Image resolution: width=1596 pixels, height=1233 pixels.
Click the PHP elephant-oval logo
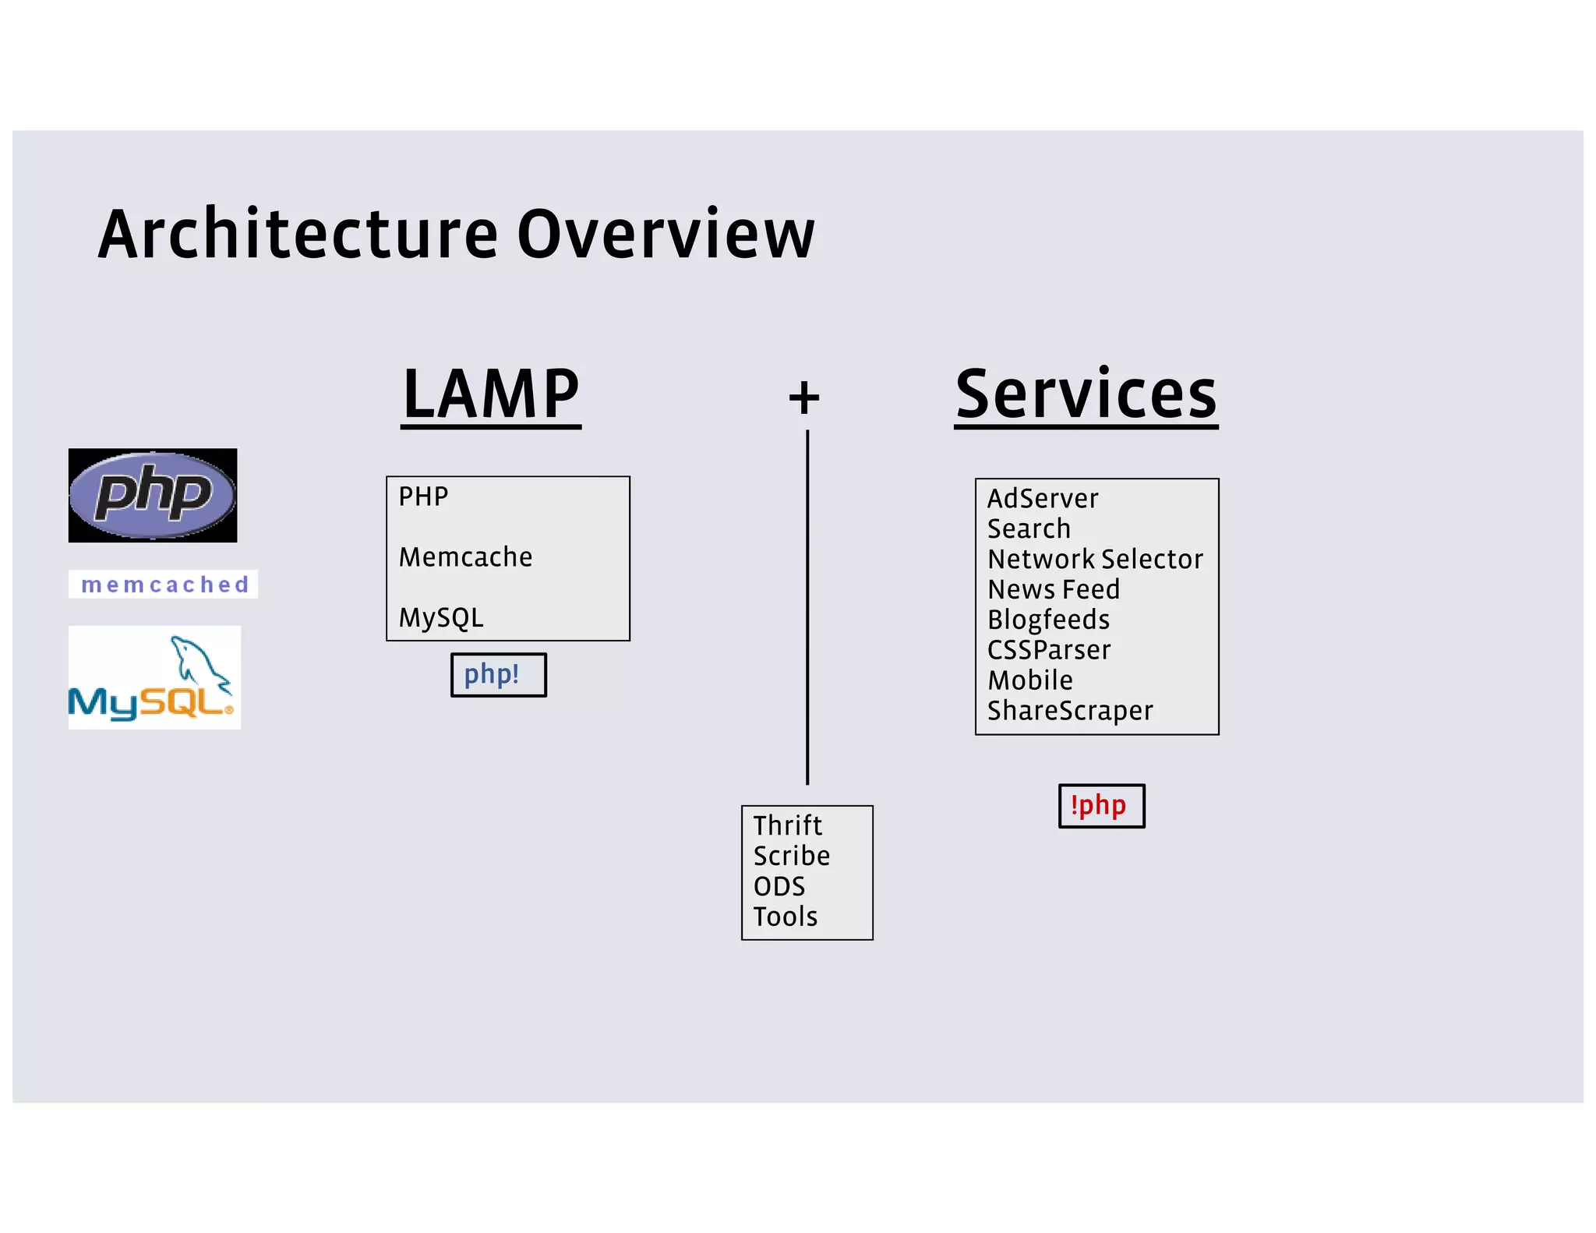point(153,495)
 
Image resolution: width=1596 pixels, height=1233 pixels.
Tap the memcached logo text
point(164,584)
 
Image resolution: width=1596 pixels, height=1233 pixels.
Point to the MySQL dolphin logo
point(154,678)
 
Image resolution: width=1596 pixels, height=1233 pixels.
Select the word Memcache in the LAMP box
point(465,557)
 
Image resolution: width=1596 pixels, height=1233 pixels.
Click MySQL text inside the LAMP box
point(441,618)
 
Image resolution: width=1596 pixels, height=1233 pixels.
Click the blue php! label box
point(499,675)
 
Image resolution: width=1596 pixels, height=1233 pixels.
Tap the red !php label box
point(1101,806)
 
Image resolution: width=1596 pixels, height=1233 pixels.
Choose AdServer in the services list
point(1043,499)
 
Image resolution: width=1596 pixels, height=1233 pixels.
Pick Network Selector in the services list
point(1095,560)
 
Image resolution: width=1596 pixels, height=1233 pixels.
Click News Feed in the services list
point(1053,590)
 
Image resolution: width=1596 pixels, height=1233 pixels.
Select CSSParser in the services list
point(1049,650)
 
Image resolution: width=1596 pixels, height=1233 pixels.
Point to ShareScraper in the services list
point(1070,711)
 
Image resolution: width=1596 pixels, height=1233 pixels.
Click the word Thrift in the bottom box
point(787,825)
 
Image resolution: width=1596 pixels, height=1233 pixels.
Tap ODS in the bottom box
point(779,887)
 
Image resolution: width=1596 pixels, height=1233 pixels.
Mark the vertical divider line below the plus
point(807,608)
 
